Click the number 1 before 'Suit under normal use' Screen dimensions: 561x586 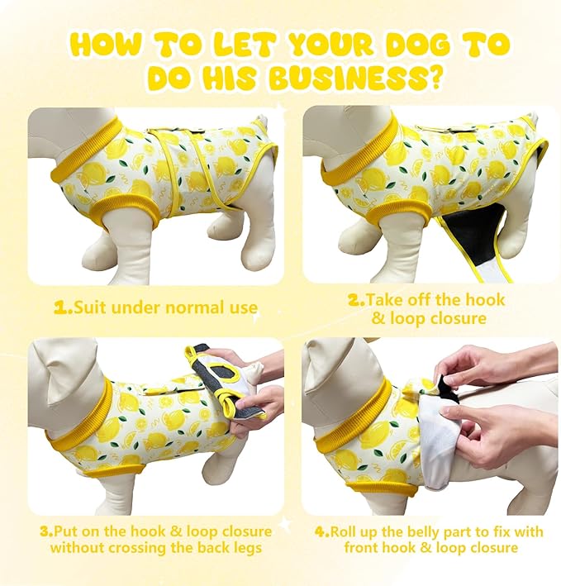pyautogui.click(x=62, y=308)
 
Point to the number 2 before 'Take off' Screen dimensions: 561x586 pyautogui.click(x=354, y=300)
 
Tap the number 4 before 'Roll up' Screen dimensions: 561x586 pyautogui.click(x=321, y=531)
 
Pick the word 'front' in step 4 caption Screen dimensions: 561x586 pyautogui.click(x=363, y=548)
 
